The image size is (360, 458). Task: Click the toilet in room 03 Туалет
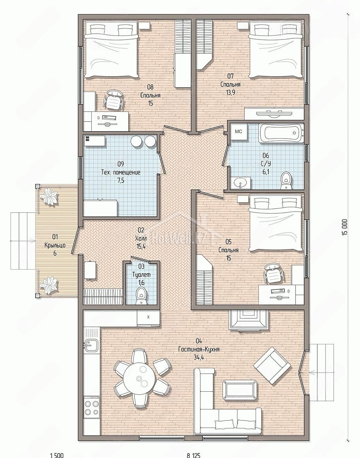tap(141, 296)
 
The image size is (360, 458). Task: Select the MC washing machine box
tap(238, 131)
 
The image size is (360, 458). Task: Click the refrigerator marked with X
tap(148, 318)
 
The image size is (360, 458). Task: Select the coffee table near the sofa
tap(240, 390)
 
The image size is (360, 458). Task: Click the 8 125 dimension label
tap(194, 455)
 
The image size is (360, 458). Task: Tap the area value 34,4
tap(198, 357)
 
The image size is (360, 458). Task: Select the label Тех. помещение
tap(121, 172)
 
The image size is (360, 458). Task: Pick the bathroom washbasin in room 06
tap(241, 183)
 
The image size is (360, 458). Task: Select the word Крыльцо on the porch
tap(55, 245)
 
